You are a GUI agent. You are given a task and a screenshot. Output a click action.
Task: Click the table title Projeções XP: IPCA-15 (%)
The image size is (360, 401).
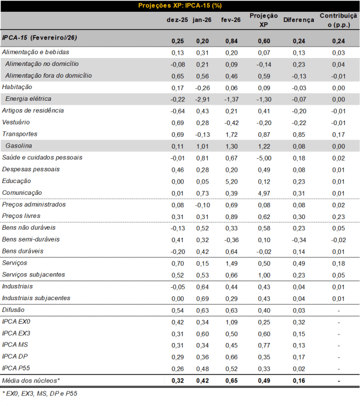(x=180, y=6)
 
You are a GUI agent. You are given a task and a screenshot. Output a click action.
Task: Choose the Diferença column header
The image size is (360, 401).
(x=299, y=20)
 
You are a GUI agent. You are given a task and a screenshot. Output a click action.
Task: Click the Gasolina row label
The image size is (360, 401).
(x=19, y=146)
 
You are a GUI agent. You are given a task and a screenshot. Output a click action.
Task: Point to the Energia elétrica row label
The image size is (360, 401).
(x=29, y=99)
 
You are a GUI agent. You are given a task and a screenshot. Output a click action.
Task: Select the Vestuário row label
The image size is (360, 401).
(x=16, y=122)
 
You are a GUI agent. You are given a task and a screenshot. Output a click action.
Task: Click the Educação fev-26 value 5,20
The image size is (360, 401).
(x=232, y=181)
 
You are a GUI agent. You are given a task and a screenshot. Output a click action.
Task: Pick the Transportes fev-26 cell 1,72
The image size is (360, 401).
(x=232, y=134)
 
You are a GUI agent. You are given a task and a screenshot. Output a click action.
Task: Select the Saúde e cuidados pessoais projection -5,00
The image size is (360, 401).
(x=263, y=158)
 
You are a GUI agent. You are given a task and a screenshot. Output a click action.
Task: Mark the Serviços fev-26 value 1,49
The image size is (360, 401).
(x=232, y=263)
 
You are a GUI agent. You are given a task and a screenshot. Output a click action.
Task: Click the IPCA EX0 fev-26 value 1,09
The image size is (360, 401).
(x=232, y=322)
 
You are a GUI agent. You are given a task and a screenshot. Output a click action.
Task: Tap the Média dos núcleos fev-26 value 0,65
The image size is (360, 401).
(x=232, y=381)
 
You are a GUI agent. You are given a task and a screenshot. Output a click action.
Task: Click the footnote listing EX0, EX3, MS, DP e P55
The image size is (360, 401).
(x=39, y=393)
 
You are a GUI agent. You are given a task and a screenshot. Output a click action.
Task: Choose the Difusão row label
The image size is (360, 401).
(x=14, y=310)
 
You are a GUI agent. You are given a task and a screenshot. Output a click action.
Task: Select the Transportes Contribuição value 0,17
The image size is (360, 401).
(x=339, y=134)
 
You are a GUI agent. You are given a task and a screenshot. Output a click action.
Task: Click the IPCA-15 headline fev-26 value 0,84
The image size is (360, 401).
(x=232, y=41)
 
